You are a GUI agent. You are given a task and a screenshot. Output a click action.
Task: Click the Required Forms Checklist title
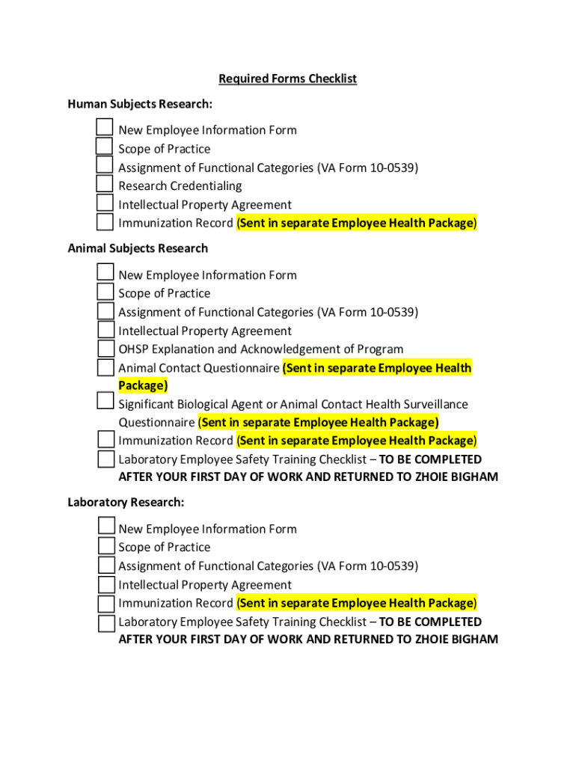tap(287, 79)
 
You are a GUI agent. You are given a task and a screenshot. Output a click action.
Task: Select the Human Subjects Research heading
tap(140, 103)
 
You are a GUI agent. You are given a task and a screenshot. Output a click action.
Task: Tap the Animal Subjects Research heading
tap(138, 248)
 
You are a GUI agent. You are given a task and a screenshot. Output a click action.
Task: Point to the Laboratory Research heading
tap(126, 502)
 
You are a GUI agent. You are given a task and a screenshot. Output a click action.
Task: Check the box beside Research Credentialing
tap(105, 184)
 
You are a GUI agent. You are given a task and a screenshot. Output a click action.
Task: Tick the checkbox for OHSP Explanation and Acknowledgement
tap(105, 348)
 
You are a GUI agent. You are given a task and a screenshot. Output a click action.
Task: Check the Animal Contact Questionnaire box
tap(105, 367)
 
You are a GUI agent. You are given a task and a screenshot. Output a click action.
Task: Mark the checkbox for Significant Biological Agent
tap(105, 402)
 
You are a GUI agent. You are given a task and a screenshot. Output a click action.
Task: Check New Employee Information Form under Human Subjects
tap(105, 128)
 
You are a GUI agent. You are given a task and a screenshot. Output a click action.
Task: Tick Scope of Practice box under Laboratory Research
tap(105, 546)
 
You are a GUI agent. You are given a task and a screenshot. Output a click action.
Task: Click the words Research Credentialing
tap(180, 186)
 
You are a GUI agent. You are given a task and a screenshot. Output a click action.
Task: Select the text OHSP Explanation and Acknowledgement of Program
tap(260, 349)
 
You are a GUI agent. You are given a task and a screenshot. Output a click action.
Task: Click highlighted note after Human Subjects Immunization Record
tap(356, 223)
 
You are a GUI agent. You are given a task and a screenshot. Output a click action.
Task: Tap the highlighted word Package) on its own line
tap(143, 385)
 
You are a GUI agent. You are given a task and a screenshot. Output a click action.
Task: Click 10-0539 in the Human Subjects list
tap(393, 168)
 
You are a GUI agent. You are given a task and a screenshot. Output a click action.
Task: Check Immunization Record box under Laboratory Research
tap(105, 602)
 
